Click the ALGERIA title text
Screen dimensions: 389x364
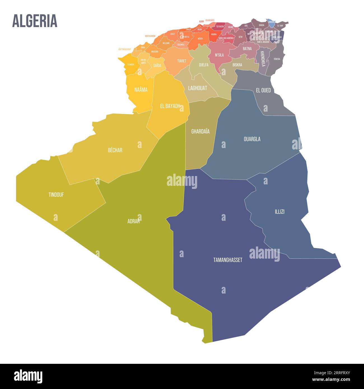click(35, 21)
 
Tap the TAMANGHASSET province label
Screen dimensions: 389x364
click(228, 260)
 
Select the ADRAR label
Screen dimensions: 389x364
click(134, 221)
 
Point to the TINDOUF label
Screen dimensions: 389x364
click(56, 195)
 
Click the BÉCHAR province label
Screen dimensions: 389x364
click(115, 150)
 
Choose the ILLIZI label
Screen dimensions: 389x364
click(279, 212)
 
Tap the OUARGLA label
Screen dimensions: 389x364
click(252, 139)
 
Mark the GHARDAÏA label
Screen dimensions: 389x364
click(200, 131)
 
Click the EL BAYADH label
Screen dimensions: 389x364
click(170, 106)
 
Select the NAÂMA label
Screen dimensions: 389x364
click(141, 90)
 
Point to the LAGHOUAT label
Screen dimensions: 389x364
click(197, 88)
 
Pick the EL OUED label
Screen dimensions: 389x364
click(263, 90)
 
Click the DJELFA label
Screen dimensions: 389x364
click(204, 65)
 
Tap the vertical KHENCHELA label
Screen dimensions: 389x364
click(263, 59)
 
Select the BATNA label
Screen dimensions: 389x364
click(247, 49)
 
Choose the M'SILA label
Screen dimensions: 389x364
click(219, 55)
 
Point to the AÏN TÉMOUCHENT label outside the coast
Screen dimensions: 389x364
click(125, 49)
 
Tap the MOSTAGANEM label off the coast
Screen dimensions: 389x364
click(150, 36)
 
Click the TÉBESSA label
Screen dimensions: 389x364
click(277, 59)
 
